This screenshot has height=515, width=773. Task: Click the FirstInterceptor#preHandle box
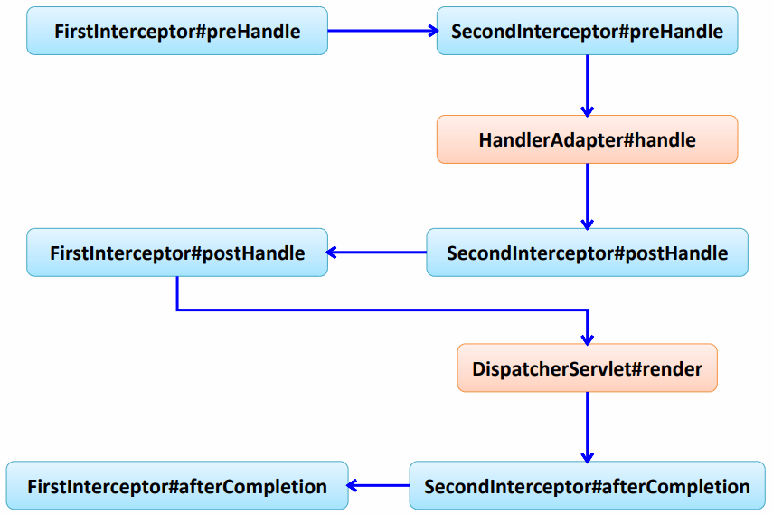(177, 31)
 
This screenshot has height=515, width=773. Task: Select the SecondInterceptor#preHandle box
(587, 31)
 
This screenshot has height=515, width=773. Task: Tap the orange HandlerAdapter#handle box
(587, 139)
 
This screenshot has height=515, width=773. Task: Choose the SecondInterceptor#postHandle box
(587, 253)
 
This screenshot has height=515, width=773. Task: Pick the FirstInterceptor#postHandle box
(177, 253)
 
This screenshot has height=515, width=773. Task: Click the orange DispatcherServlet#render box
(587, 367)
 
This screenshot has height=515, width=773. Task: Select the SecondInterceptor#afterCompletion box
(587, 485)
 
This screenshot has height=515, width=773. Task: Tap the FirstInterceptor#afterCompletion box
(177, 485)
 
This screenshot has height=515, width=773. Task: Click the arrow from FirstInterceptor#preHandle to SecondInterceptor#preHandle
(382, 31)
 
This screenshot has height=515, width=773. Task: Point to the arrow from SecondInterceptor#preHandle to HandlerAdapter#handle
(587, 85)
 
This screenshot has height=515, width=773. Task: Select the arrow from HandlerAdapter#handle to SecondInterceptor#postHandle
(587, 196)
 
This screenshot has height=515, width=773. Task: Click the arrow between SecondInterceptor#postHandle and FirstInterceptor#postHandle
(377, 253)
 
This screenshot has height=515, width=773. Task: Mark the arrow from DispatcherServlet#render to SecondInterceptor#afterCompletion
(587, 427)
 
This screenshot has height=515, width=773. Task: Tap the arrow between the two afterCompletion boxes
(379, 485)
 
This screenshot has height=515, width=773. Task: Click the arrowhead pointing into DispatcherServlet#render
(587, 339)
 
